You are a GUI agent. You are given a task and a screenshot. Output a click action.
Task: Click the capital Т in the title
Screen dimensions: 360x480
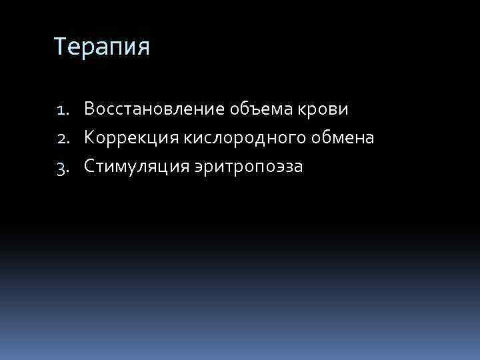(60, 47)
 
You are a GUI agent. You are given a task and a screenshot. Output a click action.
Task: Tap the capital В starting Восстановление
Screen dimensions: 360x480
(89, 108)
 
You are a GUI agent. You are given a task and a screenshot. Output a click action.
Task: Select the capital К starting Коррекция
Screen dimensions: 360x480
(89, 137)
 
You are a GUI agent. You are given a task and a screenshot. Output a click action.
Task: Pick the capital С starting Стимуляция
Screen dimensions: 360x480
(89, 167)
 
